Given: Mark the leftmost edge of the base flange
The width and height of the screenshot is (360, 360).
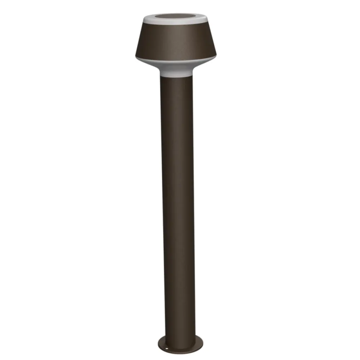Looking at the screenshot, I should click(x=158, y=344).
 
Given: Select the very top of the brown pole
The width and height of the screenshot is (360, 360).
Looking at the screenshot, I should click(x=176, y=78).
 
